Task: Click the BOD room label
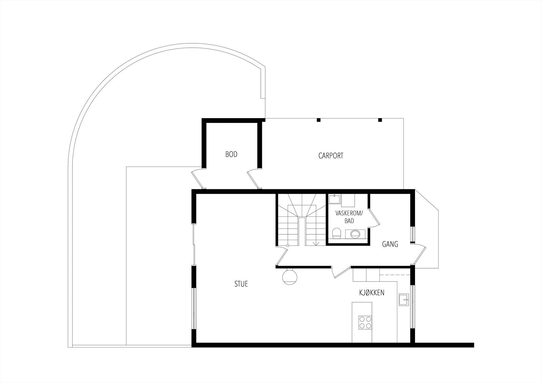point(231,154)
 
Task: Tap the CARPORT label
point(331,156)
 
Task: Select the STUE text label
point(241,284)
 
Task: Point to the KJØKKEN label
point(372,293)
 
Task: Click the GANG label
point(390,244)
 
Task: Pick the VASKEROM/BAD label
point(349,217)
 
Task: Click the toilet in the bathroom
point(336,233)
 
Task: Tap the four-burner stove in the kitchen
point(365,322)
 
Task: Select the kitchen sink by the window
point(404,299)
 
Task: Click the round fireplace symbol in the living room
point(290,276)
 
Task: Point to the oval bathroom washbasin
point(355,233)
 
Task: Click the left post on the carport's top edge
point(318,120)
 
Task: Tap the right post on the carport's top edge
point(380,120)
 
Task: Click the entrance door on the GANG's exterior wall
point(419,254)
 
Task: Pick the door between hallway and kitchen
point(340,273)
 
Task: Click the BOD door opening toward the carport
point(254,179)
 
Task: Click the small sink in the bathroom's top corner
point(334,198)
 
